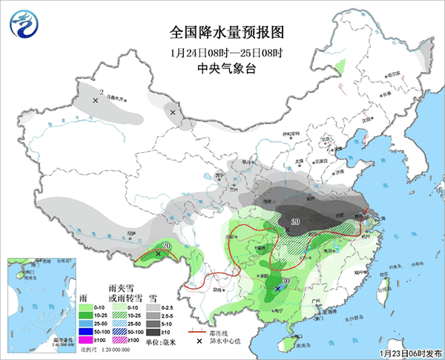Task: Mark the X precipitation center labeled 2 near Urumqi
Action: pyautogui.click(x=95, y=99)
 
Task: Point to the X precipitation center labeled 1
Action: pyautogui.click(x=173, y=113)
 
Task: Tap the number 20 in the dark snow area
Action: pyautogui.click(x=294, y=221)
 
